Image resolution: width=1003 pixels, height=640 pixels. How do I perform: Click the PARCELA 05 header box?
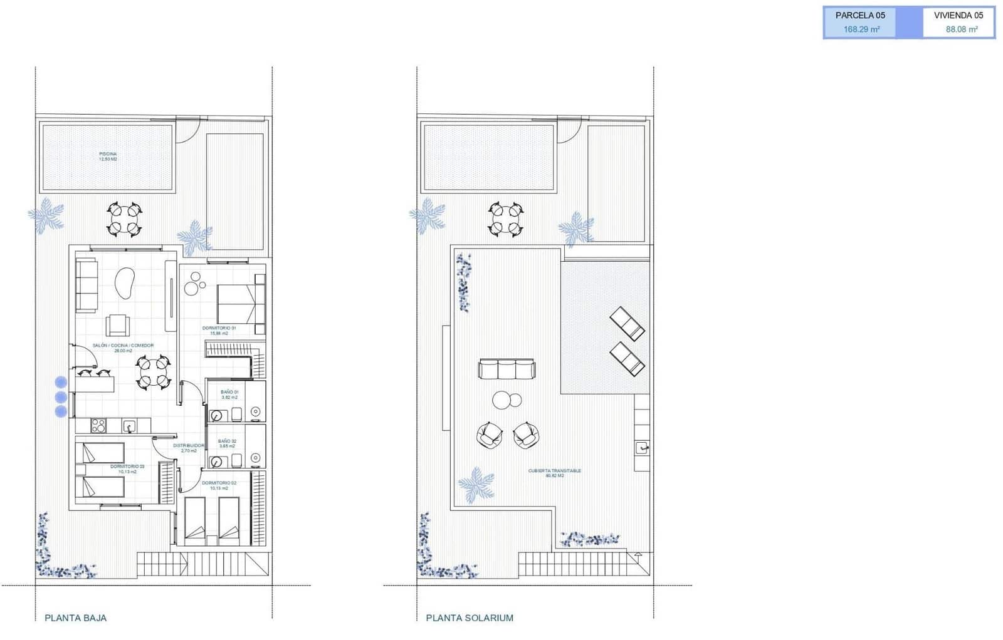point(859,16)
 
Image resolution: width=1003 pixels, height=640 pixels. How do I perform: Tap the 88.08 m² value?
point(962,29)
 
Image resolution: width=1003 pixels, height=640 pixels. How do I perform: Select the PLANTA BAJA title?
point(76,618)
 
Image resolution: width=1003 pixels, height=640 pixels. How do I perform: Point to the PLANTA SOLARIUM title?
point(470,618)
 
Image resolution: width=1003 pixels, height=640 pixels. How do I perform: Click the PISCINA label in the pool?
point(108,157)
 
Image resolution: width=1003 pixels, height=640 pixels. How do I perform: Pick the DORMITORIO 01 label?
point(219,330)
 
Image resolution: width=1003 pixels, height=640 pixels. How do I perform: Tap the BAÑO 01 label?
point(229,395)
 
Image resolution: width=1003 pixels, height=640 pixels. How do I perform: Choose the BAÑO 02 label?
point(227,443)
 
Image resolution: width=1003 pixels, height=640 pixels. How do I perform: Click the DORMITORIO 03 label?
point(127,468)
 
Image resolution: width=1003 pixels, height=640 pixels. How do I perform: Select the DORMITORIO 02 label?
point(219,485)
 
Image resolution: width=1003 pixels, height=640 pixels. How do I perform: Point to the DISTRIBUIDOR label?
point(189,448)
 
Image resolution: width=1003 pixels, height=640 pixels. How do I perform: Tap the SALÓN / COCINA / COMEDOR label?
point(123,348)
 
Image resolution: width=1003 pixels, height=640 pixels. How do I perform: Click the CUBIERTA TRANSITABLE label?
point(554,473)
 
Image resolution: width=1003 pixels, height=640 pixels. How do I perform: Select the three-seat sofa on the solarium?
point(507,369)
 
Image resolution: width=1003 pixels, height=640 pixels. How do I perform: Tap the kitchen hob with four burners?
point(98,426)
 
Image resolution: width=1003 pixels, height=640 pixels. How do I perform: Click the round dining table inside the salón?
point(153,372)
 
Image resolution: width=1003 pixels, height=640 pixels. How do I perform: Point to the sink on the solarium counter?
point(641,447)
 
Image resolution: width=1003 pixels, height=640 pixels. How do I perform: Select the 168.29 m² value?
point(861,29)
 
